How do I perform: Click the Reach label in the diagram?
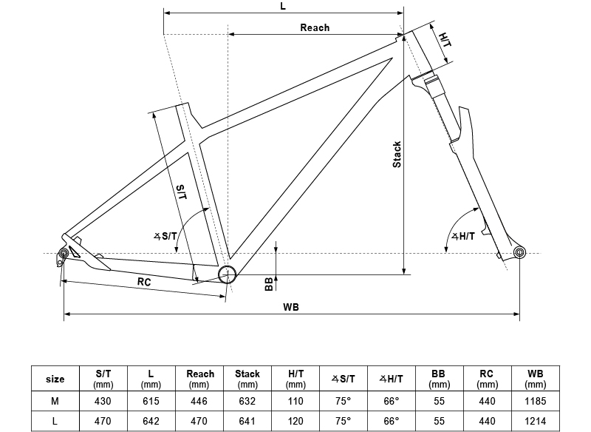point(315,28)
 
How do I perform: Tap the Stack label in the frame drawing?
point(397,154)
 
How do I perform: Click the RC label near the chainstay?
point(145,282)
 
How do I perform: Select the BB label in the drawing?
point(269,285)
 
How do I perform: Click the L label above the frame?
point(284,6)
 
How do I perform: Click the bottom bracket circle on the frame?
point(227,274)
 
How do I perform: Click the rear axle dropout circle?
point(64,254)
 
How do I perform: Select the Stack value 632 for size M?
point(247,402)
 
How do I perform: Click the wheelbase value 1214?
point(536,421)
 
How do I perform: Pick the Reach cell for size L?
point(199,421)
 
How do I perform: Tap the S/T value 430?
point(103,402)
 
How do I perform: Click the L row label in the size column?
point(55,421)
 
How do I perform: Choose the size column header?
point(55,379)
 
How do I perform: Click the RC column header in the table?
point(488,379)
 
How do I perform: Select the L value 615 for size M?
point(151,402)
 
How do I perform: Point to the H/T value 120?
point(295,421)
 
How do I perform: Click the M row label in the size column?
point(55,402)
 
